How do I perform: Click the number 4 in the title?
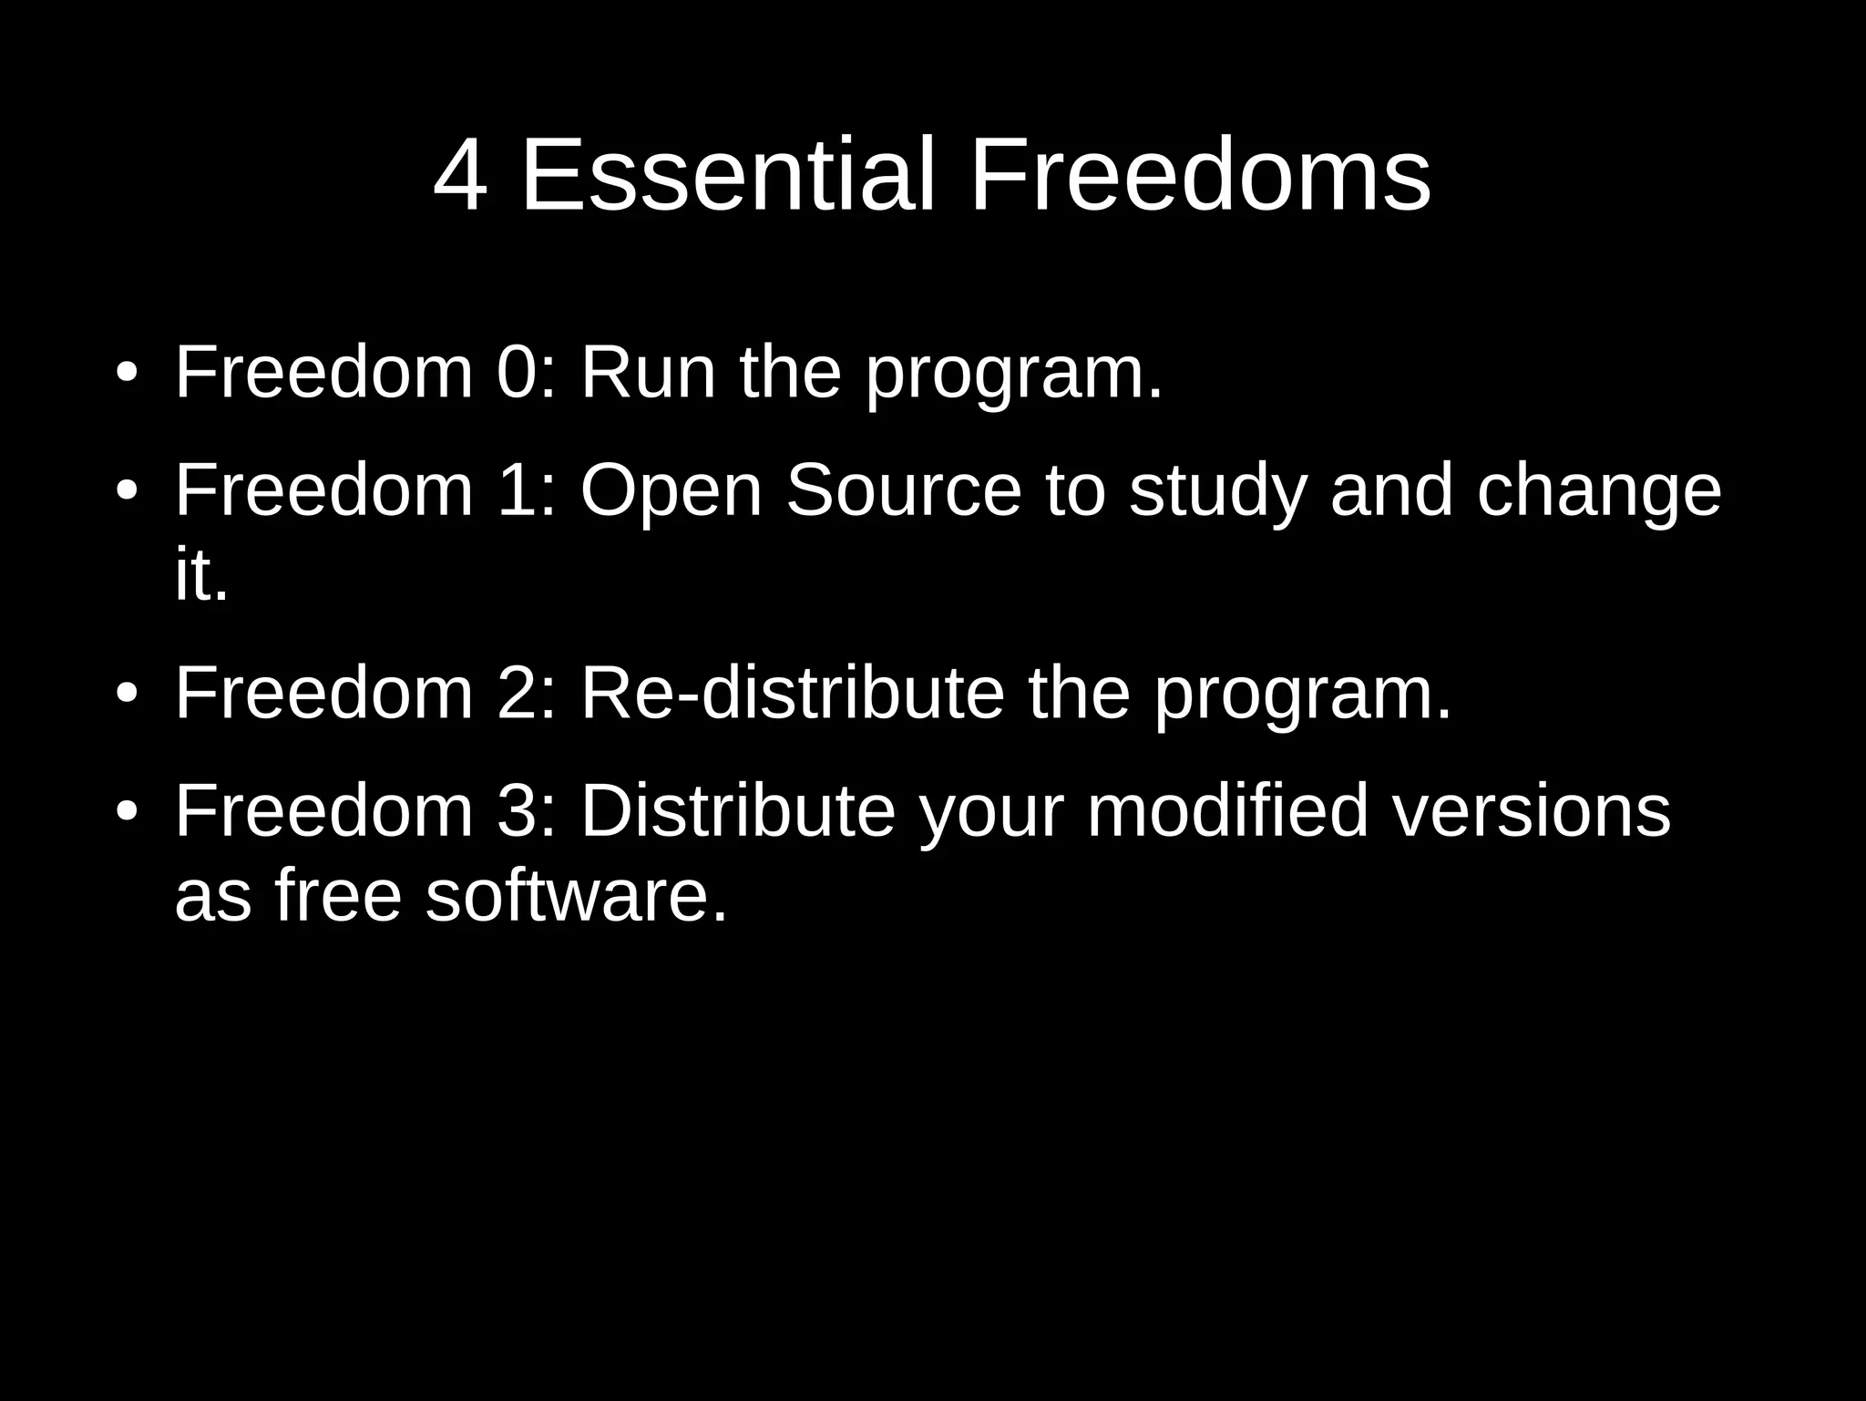460,175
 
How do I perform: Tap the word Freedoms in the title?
1200,175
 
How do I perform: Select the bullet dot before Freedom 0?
127,374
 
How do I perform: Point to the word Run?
648,373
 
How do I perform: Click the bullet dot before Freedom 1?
127,490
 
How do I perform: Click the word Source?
904,489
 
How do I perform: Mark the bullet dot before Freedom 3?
127,810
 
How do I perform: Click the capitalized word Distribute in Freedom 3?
738,809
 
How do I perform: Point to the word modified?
1227,809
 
